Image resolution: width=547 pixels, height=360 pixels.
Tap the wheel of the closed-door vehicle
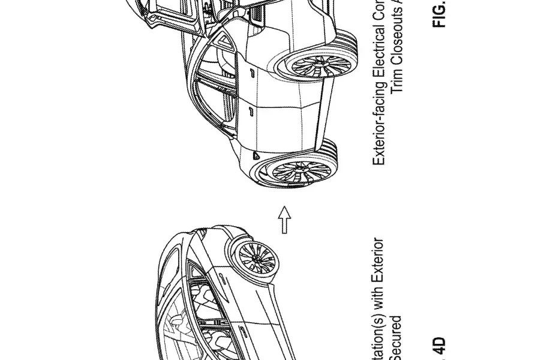click(257, 260)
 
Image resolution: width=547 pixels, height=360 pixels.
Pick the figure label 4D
click(440, 347)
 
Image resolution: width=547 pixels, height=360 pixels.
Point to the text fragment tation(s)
click(378, 333)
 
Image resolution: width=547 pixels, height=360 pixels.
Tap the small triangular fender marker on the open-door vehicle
click(257, 155)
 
